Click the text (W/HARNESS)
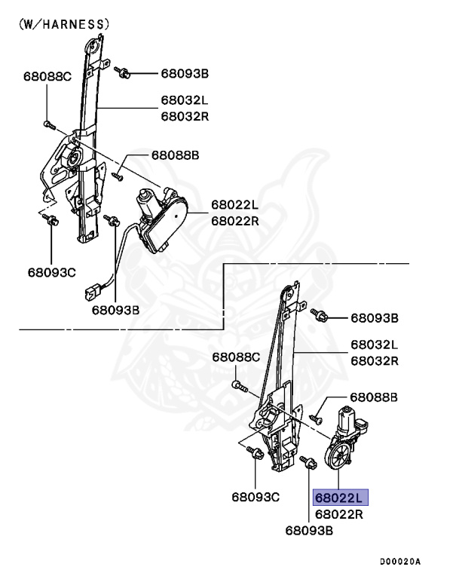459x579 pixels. click(x=64, y=24)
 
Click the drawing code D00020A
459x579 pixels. click(x=400, y=562)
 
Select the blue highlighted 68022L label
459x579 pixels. click(x=341, y=497)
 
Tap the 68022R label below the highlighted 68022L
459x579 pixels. click(x=339, y=514)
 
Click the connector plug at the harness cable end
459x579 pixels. click(x=93, y=292)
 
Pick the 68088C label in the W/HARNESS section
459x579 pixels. click(x=47, y=76)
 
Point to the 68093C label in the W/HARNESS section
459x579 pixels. click(x=52, y=272)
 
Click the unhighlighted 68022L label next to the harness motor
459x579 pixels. click(x=235, y=204)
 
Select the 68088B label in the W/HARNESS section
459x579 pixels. click(x=175, y=155)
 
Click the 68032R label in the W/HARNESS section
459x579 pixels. click(x=185, y=116)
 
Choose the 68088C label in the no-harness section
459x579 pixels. click(x=236, y=357)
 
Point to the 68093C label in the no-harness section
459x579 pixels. click(x=256, y=497)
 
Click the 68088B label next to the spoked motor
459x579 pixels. click(x=374, y=397)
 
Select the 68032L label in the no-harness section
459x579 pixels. click(x=375, y=345)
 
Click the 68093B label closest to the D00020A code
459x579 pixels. click(x=309, y=531)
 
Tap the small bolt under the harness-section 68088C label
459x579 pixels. click(x=49, y=125)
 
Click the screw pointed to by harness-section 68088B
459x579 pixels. click(x=118, y=176)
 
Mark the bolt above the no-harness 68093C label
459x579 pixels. click(x=256, y=452)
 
